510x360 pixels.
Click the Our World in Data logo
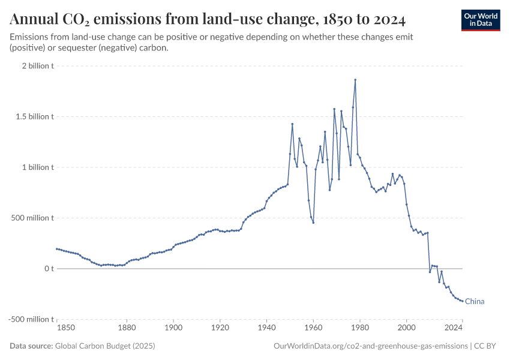(480, 20)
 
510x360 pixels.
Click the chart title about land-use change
(208, 20)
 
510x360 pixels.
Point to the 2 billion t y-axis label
(38, 66)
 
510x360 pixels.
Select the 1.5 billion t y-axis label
(35, 116)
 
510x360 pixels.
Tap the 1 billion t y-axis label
(38, 167)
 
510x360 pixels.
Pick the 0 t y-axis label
(48, 269)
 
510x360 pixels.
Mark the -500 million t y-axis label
(31, 319)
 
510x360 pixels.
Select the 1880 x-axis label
(127, 328)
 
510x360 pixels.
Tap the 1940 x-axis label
(266, 328)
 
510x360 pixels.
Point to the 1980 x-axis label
(360, 328)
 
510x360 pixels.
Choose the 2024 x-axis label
(454, 328)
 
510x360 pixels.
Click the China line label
(475, 302)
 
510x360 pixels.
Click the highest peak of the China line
(355, 80)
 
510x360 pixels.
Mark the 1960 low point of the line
(313, 223)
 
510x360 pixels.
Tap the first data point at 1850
(56, 248)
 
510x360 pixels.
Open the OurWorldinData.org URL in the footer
(370, 346)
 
